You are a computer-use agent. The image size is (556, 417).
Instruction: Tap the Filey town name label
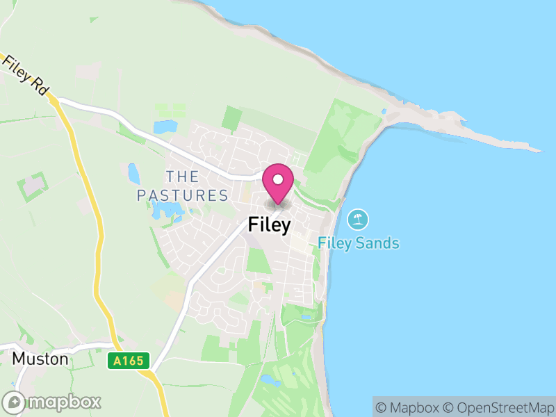coord(269,225)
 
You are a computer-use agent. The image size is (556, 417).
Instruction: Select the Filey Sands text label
coord(359,243)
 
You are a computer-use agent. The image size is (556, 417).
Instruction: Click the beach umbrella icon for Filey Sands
coord(358,220)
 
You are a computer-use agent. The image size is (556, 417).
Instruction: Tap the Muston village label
coord(41,359)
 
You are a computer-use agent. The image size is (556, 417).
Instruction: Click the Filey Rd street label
coord(24,74)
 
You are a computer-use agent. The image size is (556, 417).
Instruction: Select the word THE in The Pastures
coord(182,177)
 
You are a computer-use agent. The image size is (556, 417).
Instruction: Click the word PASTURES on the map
coord(183,195)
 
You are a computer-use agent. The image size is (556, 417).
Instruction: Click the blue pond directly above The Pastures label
coord(165,127)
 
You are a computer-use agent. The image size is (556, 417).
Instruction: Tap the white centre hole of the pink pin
coord(278,179)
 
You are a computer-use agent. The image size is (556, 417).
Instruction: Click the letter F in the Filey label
coord(253,225)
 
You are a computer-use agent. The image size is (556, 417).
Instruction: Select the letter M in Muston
coord(19,359)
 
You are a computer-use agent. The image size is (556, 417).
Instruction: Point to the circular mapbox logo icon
coord(15,402)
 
